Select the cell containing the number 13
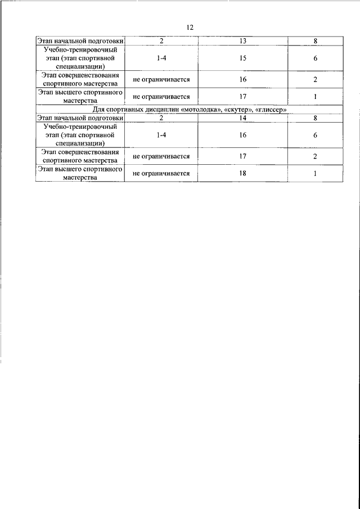coord(242,41)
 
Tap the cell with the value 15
coord(242,57)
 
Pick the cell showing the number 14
coord(242,118)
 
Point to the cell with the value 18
coord(242,173)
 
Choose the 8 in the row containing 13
coord(316,41)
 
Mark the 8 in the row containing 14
coord(316,118)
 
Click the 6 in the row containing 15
coord(316,57)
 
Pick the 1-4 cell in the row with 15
coord(161,57)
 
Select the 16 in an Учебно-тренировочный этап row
coord(242,135)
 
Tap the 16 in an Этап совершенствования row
coord(242,79)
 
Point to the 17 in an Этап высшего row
coord(242,96)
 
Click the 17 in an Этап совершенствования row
coord(242,156)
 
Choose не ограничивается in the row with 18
coord(161,173)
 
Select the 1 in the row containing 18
coord(316,173)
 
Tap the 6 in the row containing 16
coord(316,135)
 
